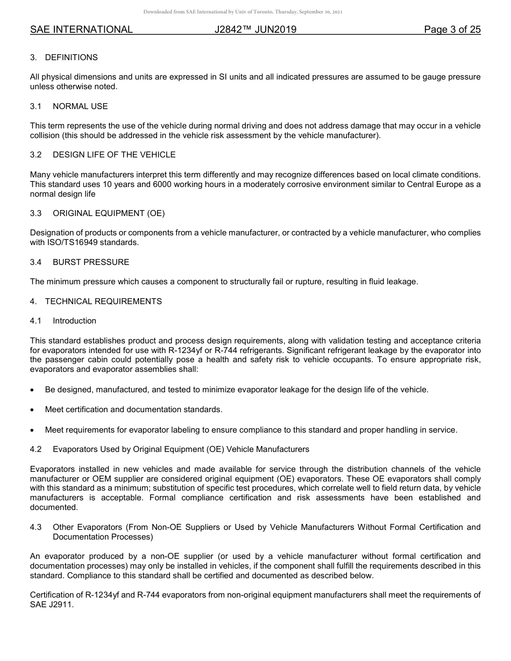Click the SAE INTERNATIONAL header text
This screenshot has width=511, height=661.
tap(81, 30)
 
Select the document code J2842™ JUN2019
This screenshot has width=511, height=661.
tap(255, 30)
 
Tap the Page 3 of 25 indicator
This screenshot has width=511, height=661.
tap(452, 30)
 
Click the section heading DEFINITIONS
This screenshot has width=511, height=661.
tap(71, 58)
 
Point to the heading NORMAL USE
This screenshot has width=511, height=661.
tap(80, 106)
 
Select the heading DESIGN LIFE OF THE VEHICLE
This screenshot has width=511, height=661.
tap(114, 155)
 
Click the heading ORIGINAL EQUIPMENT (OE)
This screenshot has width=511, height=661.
tap(109, 213)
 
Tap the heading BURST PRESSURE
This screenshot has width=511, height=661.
tap(91, 262)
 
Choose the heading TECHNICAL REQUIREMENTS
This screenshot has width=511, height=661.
tap(103, 301)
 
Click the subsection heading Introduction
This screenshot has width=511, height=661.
tap(74, 321)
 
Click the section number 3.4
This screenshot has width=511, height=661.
tap(36, 262)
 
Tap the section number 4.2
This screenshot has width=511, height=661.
tap(36, 449)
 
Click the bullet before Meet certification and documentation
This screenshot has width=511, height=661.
tap(33, 410)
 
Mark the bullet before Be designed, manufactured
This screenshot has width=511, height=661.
tap(33, 390)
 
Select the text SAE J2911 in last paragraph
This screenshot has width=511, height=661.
tap(51, 605)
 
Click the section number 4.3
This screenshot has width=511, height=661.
tap(36, 527)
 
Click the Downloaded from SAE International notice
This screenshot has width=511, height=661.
tap(243, 12)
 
